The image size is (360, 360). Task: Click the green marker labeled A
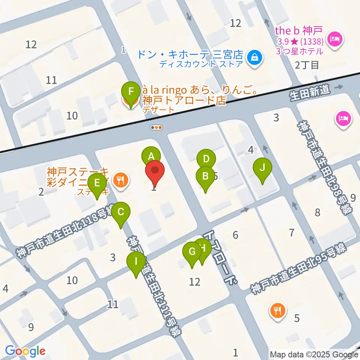[x=151, y=156]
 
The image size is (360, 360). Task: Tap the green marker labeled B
[x=205, y=176]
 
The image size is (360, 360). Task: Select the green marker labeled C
[x=121, y=212]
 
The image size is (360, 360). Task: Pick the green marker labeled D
[x=206, y=159]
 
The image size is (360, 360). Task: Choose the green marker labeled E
[x=97, y=183]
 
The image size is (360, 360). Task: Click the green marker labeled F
[x=130, y=91]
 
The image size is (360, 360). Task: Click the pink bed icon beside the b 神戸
[x=334, y=39]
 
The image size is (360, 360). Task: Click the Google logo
[x=25, y=351]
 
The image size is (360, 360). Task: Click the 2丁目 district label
[x=307, y=65]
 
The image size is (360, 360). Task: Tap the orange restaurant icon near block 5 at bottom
[x=277, y=310]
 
